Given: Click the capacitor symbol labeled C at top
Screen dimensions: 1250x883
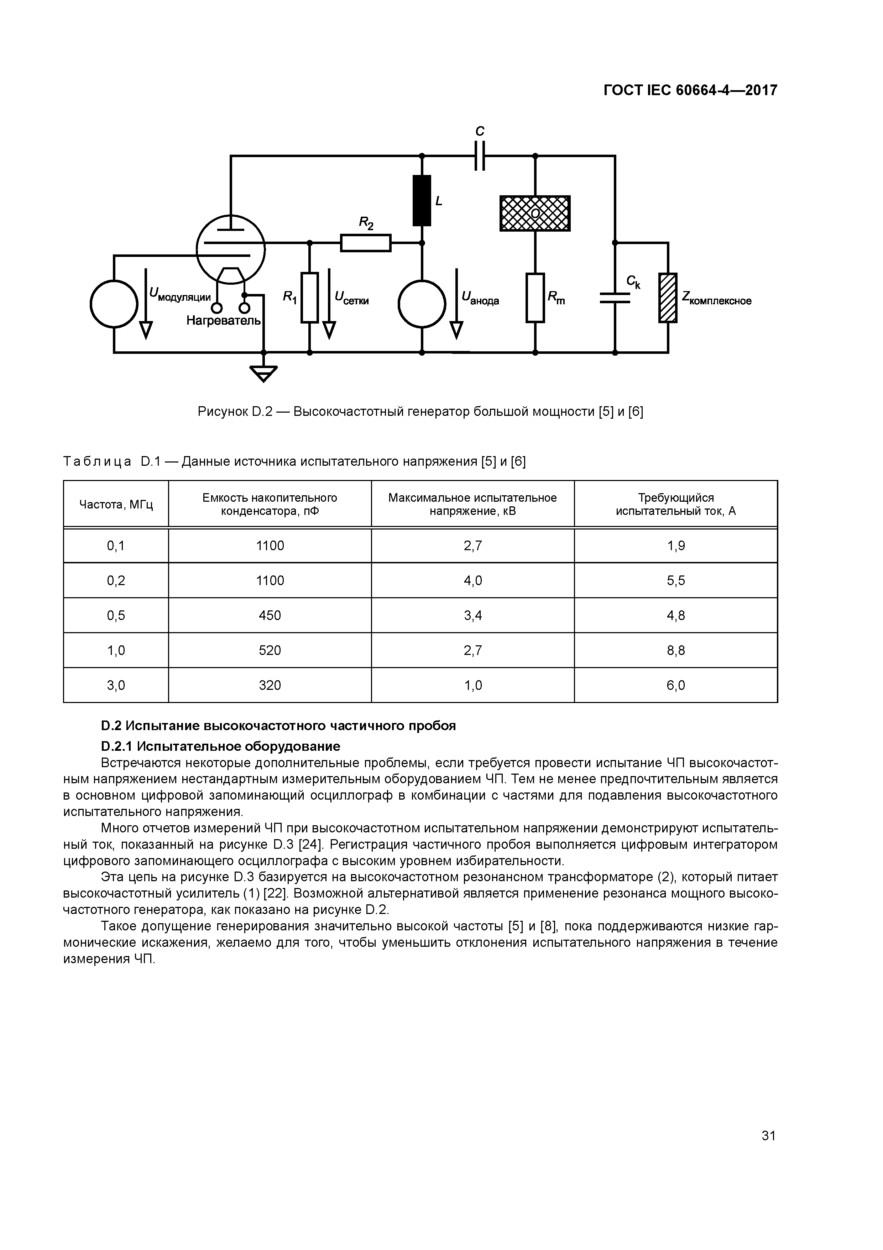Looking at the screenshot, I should click(x=479, y=156).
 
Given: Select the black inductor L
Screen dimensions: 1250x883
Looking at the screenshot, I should click(x=422, y=200).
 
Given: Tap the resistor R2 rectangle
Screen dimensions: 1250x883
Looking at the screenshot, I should click(x=366, y=243).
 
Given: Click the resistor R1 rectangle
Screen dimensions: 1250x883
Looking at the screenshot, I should click(x=309, y=298).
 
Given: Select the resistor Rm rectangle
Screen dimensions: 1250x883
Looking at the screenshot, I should click(x=535, y=298).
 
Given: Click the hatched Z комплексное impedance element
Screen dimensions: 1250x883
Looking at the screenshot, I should click(x=668, y=298).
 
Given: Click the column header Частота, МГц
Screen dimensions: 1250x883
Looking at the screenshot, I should click(x=116, y=505).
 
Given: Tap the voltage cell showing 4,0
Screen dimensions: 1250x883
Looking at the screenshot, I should click(x=473, y=581).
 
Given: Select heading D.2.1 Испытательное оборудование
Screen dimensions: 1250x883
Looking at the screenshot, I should click(x=220, y=746).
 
